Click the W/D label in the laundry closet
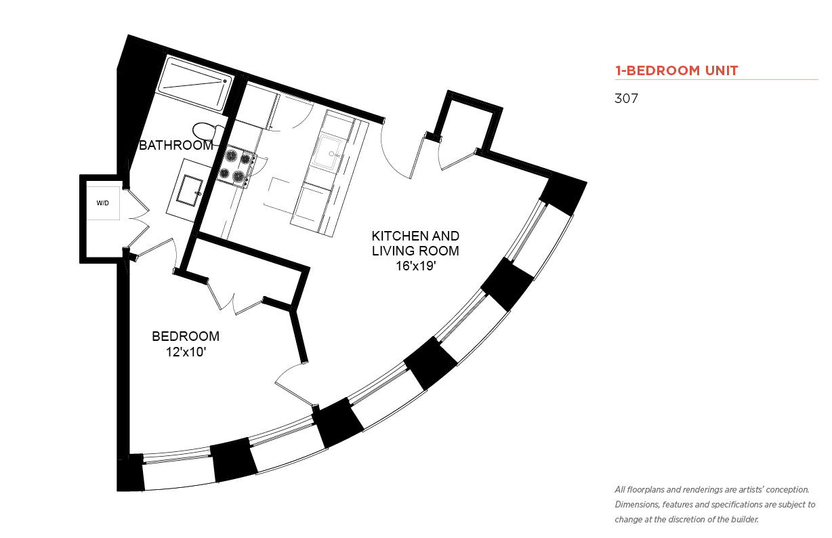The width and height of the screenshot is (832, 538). (x=102, y=203)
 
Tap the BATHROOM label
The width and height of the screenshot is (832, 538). (x=175, y=145)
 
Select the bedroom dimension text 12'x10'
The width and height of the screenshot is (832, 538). (x=186, y=352)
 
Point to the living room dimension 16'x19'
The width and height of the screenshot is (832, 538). (x=415, y=266)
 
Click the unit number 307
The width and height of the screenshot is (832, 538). (x=626, y=98)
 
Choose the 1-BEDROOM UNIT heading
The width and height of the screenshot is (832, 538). (x=676, y=70)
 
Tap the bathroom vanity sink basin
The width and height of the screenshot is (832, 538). (x=190, y=190)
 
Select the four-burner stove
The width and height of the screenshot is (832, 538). (x=236, y=166)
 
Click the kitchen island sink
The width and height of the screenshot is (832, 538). (x=327, y=152)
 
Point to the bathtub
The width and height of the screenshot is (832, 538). (x=195, y=84)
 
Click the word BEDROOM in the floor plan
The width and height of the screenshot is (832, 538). (x=186, y=336)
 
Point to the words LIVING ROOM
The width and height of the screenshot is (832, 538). (x=415, y=251)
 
